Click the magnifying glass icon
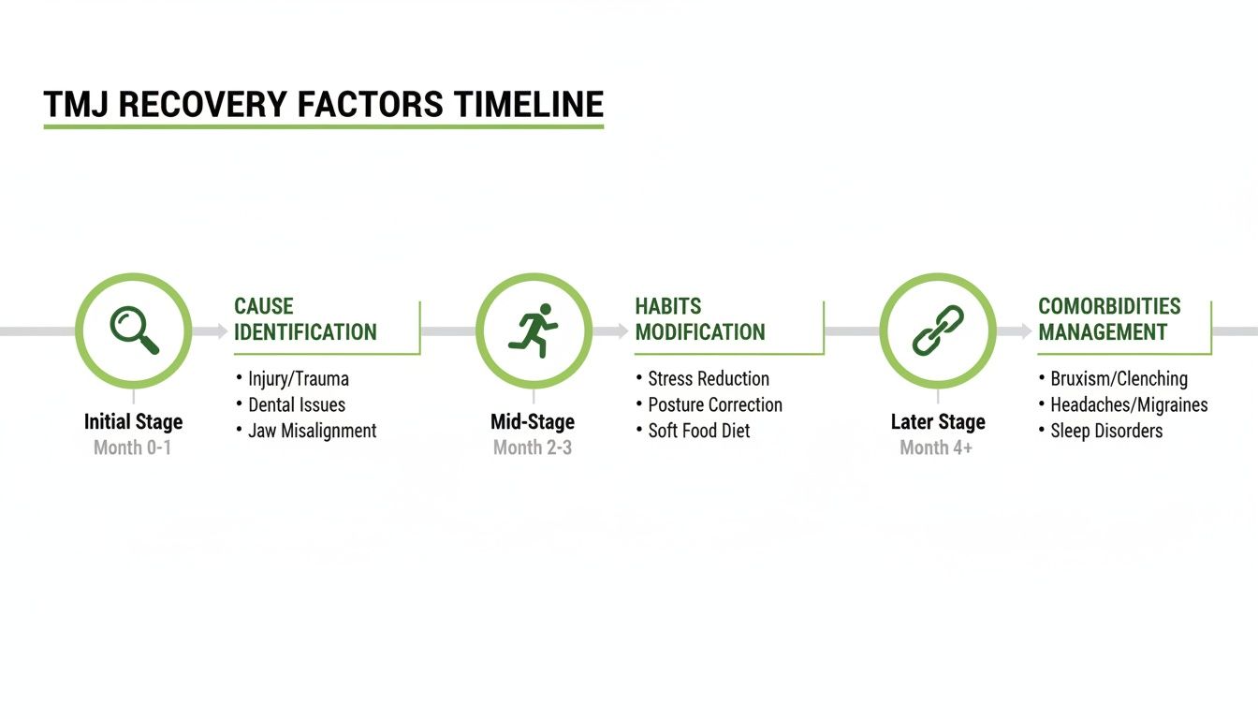click(134, 330)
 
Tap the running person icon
click(534, 330)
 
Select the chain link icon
click(938, 330)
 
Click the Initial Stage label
click(133, 421)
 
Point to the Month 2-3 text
click(533, 448)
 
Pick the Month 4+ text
click(936, 448)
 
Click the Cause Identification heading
click(305, 319)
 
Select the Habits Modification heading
click(699, 319)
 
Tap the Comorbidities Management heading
click(1109, 319)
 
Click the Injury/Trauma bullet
click(298, 379)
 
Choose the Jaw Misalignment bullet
click(312, 431)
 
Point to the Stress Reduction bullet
click(708, 379)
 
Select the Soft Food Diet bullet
click(698, 431)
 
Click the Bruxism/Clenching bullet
click(1118, 379)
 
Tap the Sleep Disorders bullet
click(1105, 431)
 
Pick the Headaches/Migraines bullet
click(1128, 405)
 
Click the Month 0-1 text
click(132, 448)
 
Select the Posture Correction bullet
click(714, 405)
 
